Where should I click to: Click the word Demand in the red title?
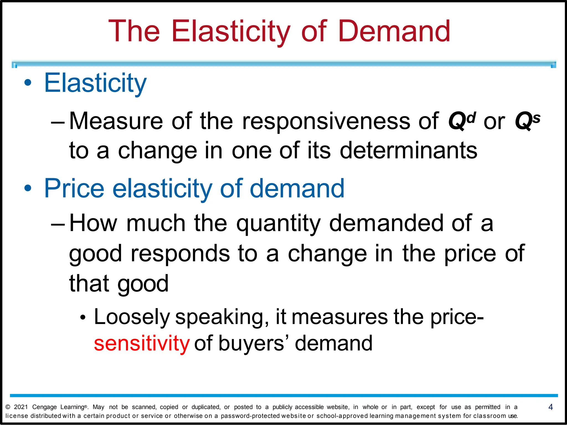click(x=394, y=31)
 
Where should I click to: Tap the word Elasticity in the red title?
click(x=231, y=31)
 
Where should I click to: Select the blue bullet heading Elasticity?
click(x=95, y=83)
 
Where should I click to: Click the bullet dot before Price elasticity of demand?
click(x=28, y=188)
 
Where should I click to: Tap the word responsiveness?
click(x=326, y=121)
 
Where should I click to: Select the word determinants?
click(x=408, y=150)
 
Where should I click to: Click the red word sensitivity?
click(x=141, y=343)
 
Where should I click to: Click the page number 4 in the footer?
click(x=550, y=407)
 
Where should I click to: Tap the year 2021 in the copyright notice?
click(x=21, y=407)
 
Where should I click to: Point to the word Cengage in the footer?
click(x=44, y=407)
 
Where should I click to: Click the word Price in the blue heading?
click(x=74, y=188)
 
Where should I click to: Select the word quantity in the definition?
click(x=278, y=224)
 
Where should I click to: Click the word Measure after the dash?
click(x=116, y=121)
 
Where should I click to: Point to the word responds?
click(x=180, y=254)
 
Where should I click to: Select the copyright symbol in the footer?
click(x=8, y=407)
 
